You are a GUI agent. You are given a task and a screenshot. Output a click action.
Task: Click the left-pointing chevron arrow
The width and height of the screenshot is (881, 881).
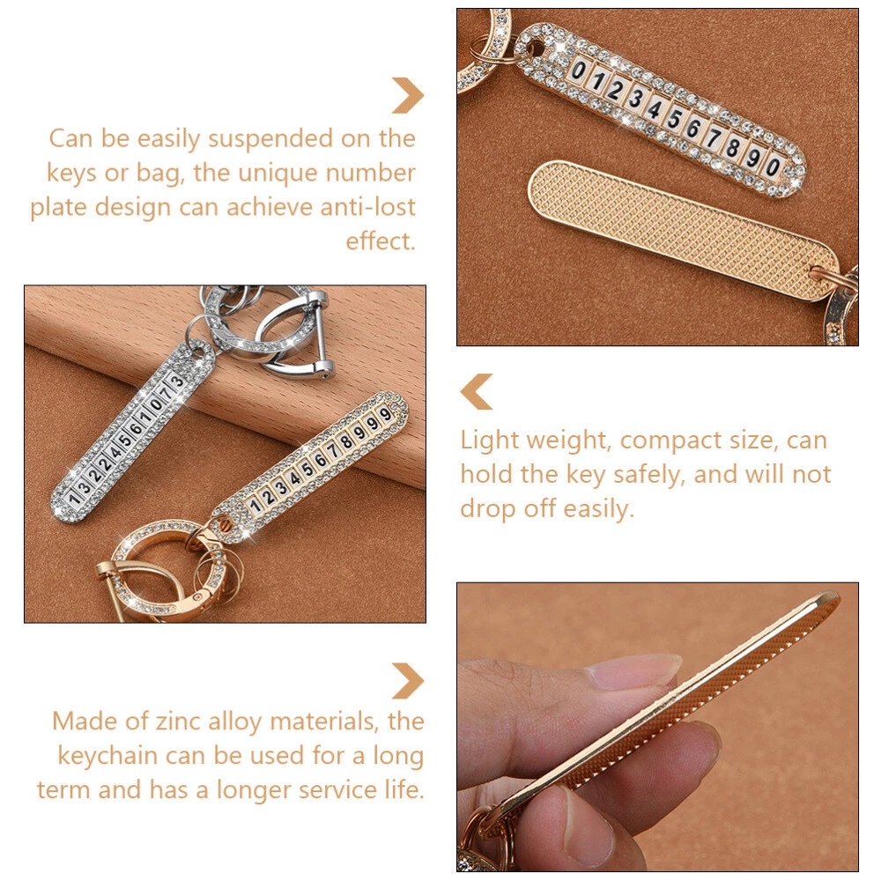[477, 391]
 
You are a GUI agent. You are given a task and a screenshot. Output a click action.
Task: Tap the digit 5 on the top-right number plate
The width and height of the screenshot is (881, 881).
[674, 119]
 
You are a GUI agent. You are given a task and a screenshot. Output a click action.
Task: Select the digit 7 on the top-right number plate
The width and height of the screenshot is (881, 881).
[714, 137]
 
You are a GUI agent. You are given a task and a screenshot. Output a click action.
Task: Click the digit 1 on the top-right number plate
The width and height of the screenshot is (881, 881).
[596, 81]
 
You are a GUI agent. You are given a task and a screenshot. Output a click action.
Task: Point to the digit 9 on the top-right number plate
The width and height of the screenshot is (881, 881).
[753, 157]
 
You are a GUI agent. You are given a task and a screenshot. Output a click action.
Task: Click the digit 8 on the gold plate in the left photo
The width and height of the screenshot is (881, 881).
[346, 442]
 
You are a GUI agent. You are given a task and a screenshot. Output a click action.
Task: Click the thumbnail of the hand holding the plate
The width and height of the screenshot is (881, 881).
[657, 727]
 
